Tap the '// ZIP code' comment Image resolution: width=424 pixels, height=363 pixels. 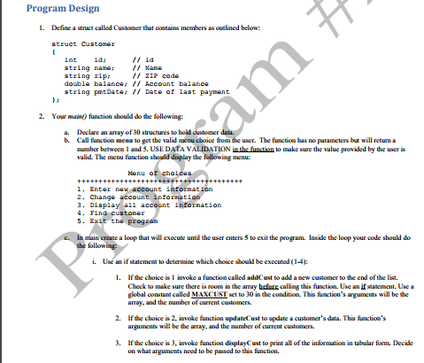(x=158, y=74)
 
